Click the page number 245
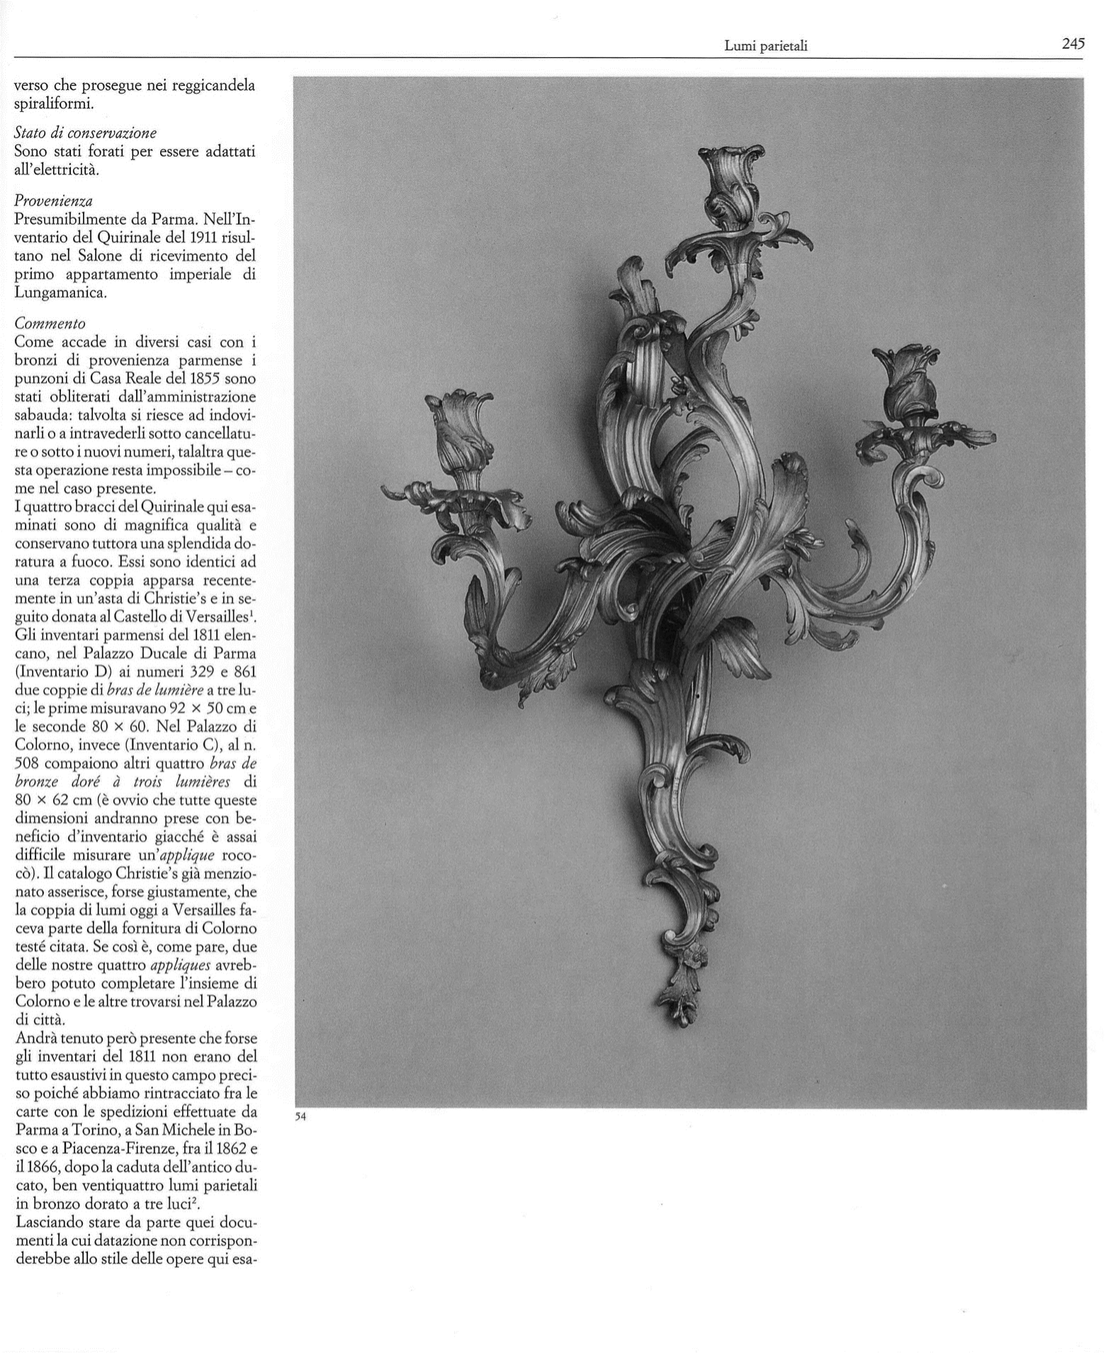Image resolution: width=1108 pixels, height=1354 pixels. pos(1073,44)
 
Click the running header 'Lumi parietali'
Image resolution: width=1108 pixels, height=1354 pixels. pos(766,47)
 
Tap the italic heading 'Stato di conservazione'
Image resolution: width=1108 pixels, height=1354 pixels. pos(86,132)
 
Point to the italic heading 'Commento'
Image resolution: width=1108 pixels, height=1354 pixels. pos(50,324)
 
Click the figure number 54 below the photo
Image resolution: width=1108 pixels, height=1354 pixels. pos(300,1117)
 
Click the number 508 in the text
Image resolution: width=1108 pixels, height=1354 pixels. pos(30,764)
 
